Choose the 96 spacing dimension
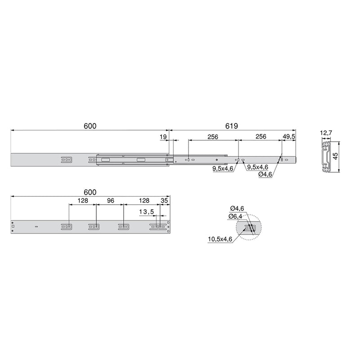point(109,201)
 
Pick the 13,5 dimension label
point(146,211)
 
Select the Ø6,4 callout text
point(236,216)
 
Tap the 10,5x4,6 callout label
point(220,239)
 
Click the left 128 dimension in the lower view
point(82,201)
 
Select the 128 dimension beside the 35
point(142,201)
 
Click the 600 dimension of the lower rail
point(90,192)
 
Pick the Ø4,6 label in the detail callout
point(236,208)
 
